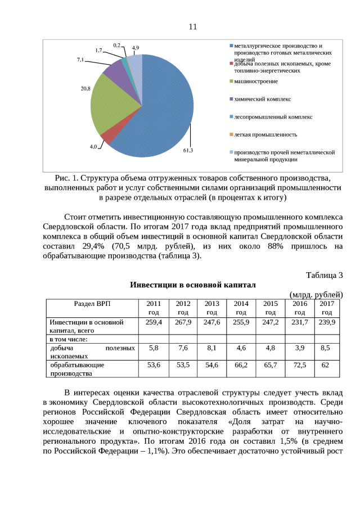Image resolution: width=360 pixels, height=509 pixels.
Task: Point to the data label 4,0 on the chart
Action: tap(93, 147)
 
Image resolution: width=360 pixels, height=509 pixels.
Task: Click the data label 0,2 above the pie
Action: tap(117, 44)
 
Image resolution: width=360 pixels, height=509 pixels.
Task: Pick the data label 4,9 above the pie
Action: tap(136, 48)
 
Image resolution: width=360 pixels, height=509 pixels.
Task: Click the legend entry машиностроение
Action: tap(255, 82)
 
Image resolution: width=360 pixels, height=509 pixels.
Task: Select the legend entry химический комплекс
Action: tap(262, 99)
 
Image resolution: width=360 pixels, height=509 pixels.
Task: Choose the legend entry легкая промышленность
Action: tap(265, 134)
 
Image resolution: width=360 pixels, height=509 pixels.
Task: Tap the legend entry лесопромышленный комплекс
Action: tap(273, 117)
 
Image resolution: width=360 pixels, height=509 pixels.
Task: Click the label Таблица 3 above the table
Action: tap(324, 275)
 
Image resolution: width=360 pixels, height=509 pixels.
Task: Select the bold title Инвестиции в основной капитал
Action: tap(193, 285)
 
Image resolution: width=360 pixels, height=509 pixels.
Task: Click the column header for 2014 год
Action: tap(241, 308)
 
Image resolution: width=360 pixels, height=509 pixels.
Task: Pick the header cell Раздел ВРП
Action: tap(92, 304)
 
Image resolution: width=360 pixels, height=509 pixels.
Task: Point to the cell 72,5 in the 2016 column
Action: tap(299, 365)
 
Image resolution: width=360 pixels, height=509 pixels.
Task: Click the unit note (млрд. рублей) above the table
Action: tap(316, 295)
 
